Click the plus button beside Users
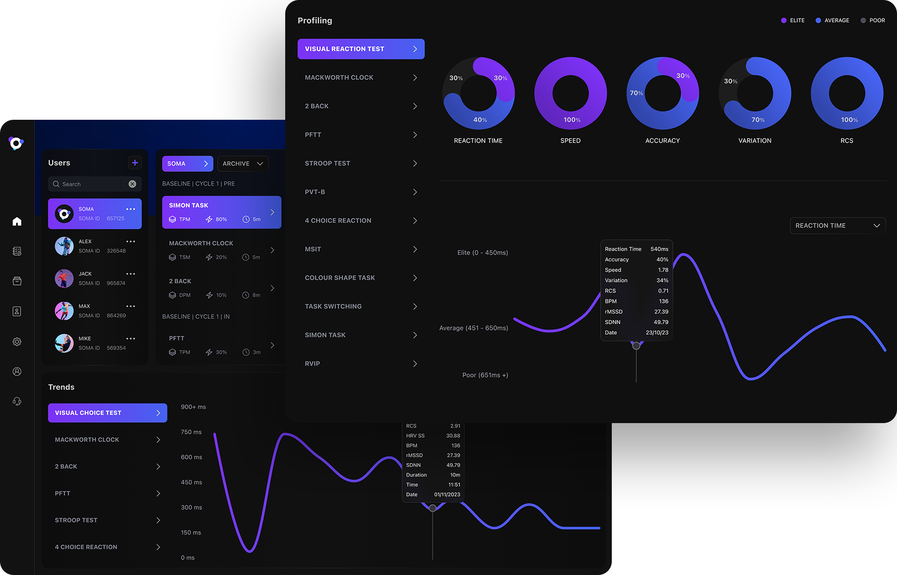coord(135,163)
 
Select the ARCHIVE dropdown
coord(242,164)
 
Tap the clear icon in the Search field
coord(132,184)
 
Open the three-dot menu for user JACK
coord(131,274)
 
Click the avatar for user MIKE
coord(64,343)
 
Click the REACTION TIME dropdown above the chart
coord(837,225)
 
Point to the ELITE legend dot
coord(784,20)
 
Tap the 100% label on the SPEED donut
coord(572,120)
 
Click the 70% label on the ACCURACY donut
coord(636,93)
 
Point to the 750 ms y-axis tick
coord(191,432)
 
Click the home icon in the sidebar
coord(17,222)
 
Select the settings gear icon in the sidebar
coord(17,342)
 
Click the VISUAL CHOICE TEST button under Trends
coord(108,413)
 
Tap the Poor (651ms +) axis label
coord(485,375)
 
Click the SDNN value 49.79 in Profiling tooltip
coord(660,322)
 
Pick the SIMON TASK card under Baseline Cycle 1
coord(221,212)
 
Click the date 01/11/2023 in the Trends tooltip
coord(447,495)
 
